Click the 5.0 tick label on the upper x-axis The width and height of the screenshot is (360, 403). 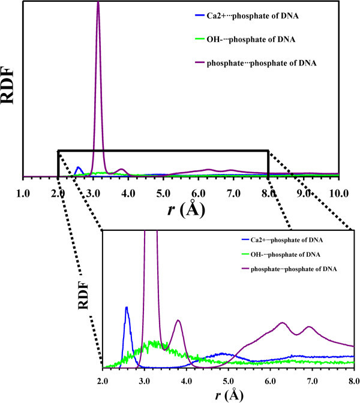pos(163,194)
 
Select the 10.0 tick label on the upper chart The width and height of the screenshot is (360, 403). pos(339,194)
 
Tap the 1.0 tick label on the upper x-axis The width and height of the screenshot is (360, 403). pos(23,194)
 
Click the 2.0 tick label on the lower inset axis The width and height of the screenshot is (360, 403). pos(103,380)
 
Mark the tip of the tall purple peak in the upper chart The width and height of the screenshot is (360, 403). pos(98,2)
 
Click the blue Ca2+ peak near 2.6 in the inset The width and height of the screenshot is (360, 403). pos(127,308)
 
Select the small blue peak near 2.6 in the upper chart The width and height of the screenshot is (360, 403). pos(78,167)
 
